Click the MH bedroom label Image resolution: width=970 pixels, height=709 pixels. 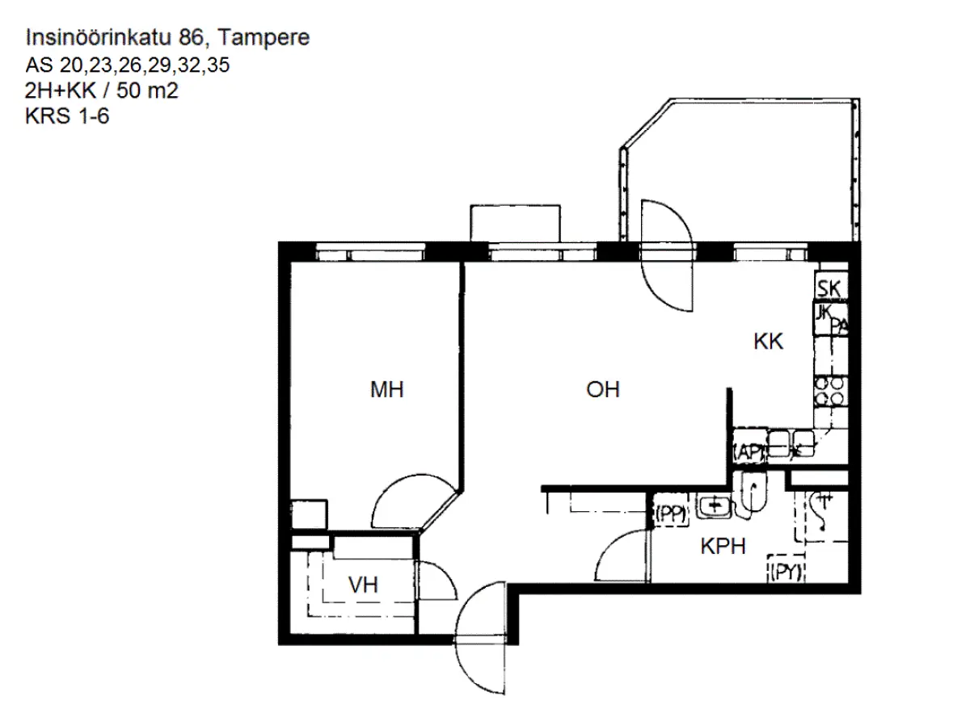386,391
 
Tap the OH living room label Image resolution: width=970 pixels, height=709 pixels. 602,391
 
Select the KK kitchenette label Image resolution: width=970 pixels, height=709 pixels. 769,342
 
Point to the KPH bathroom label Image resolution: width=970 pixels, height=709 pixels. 722,547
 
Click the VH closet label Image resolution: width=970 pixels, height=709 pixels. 364,585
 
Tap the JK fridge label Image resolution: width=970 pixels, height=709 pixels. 824,313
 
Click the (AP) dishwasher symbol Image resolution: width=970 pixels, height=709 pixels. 747,453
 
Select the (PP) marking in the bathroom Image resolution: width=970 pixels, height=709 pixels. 670,511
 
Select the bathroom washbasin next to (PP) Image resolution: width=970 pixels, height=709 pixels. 714,506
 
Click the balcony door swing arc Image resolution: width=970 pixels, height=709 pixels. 666,254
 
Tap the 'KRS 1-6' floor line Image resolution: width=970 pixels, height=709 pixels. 68,117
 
